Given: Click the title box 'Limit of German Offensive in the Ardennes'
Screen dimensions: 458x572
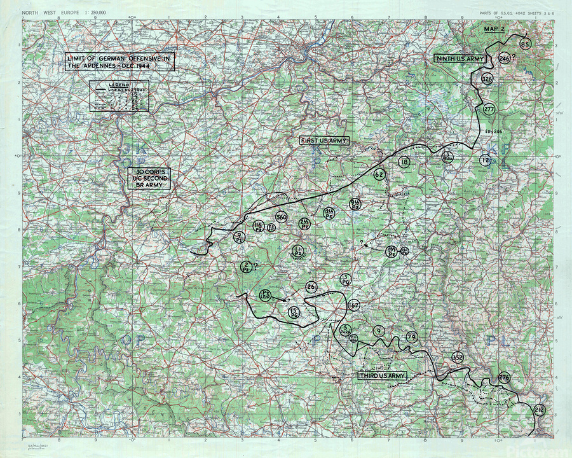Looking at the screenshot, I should [x=120, y=62].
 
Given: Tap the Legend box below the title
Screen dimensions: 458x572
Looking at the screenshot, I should [x=119, y=96].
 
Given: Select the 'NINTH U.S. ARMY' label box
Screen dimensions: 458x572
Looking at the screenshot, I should [x=460, y=59].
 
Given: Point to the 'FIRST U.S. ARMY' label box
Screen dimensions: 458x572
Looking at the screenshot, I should [x=325, y=140].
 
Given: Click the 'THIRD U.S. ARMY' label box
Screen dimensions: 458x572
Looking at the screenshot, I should [x=383, y=376].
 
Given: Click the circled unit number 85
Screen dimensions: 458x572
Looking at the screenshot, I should [x=525, y=44].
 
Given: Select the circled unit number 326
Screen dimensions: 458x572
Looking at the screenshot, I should [x=487, y=79].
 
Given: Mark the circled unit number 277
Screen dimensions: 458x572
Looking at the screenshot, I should [x=489, y=109].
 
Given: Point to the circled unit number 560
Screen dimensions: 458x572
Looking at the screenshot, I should [x=282, y=217].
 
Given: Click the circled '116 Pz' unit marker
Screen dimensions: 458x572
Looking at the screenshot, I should [x=258, y=226].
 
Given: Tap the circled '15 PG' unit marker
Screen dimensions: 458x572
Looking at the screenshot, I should [x=294, y=312].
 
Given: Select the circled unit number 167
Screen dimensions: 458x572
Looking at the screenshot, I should [x=354, y=306].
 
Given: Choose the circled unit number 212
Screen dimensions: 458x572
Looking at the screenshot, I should [x=540, y=410].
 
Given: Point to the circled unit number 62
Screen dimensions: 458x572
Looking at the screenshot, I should [x=379, y=174].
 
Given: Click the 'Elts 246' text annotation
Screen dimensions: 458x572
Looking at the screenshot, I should [x=494, y=131].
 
